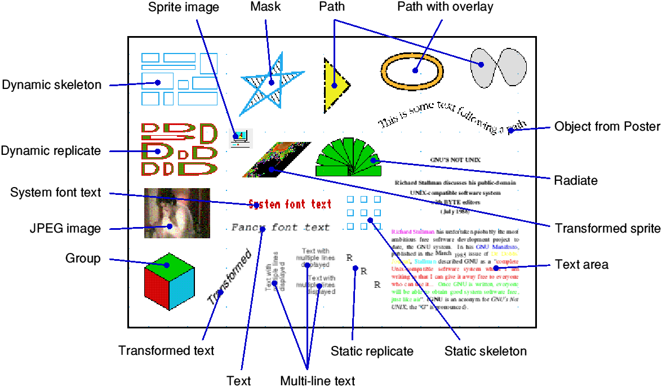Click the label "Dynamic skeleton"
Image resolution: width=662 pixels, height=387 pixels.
(x=52, y=85)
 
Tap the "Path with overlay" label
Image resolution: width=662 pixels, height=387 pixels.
(x=445, y=7)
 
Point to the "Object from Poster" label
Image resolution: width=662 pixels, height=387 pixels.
(x=607, y=126)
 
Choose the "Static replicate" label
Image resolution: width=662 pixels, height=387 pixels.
(x=372, y=351)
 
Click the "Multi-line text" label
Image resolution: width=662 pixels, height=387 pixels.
(x=318, y=381)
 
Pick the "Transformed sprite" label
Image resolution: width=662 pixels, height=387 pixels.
(x=607, y=228)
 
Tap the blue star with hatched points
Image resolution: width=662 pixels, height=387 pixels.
(x=272, y=82)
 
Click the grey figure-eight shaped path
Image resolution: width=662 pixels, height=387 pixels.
(x=499, y=68)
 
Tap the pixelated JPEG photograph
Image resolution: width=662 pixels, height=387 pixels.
(x=177, y=213)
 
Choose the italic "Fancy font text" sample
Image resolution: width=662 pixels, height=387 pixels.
(x=281, y=228)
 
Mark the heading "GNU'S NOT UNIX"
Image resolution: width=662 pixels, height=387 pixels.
(x=456, y=159)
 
